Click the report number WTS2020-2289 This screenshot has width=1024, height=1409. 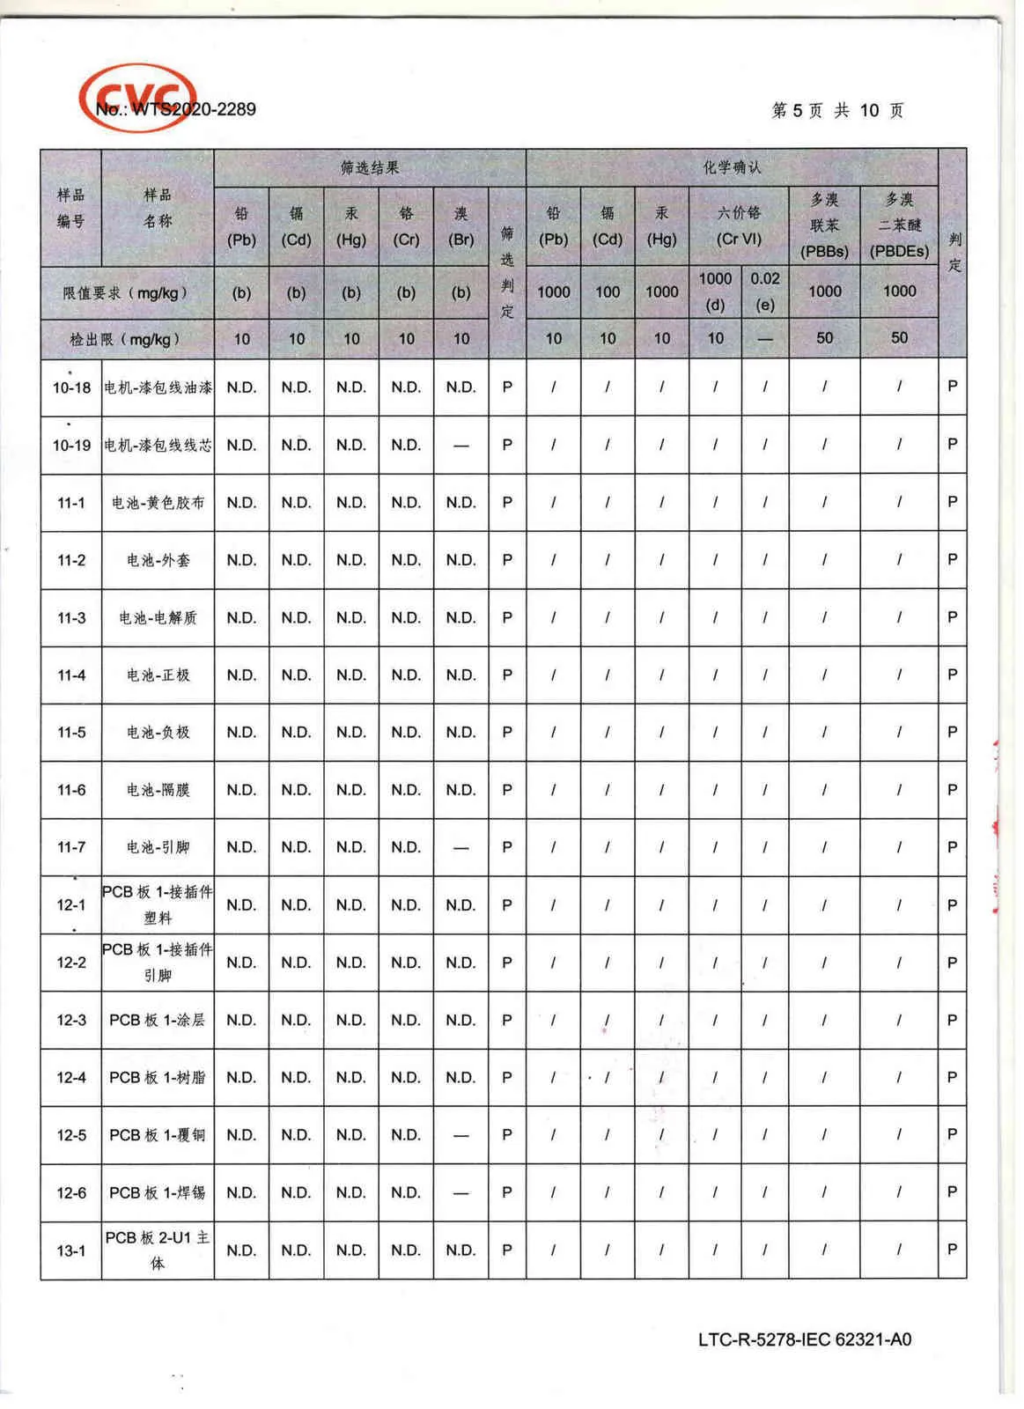(x=176, y=110)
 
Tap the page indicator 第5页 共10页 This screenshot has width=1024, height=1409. (x=837, y=110)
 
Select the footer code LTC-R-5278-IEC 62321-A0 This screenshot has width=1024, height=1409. (x=804, y=1339)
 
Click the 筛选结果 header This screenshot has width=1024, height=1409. (x=370, y=167)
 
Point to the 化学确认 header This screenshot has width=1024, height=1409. (x=732, y=167)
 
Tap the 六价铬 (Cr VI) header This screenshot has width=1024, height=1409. (x=739, y=225)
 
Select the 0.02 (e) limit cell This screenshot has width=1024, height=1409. (x=764, y=291)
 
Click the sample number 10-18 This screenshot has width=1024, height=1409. (x=71, y=387)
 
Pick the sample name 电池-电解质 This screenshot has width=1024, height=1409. (x=158, y=617)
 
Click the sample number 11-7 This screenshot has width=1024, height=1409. (x=71, y=847)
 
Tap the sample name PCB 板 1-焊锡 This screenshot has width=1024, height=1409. (x=158, y=1192)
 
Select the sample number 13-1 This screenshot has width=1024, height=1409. (x=71, y=1250)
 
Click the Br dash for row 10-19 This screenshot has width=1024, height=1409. (x=460, y=446)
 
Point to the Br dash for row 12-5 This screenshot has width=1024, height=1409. (x=460, y=1135)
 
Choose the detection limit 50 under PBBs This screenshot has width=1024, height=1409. (x=824, y=338)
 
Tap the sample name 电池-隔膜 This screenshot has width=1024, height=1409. (x=158, y=790)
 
